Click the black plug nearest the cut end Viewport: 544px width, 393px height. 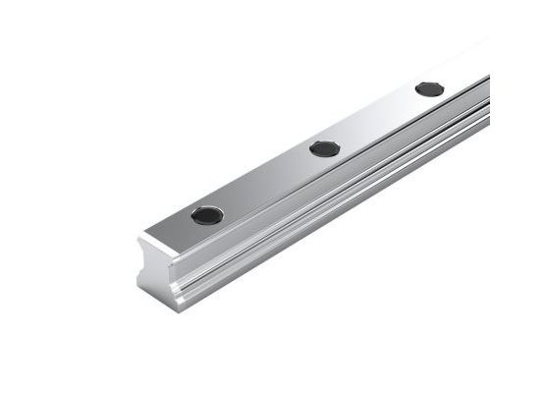click(x=207, y=215)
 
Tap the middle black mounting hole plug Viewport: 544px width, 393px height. click(x=324, y=148)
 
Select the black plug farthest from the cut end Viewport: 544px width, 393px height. click(x=429, y=88)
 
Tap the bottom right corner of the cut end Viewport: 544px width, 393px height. click(x=180, y=310)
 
